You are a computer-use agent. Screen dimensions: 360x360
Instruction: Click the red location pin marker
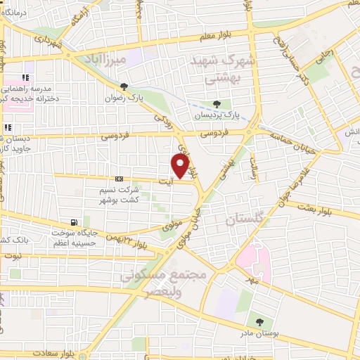coord(181,166)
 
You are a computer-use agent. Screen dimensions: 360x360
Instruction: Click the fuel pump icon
coord(86,221)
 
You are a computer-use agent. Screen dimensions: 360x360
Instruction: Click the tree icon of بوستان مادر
coord(259,322)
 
